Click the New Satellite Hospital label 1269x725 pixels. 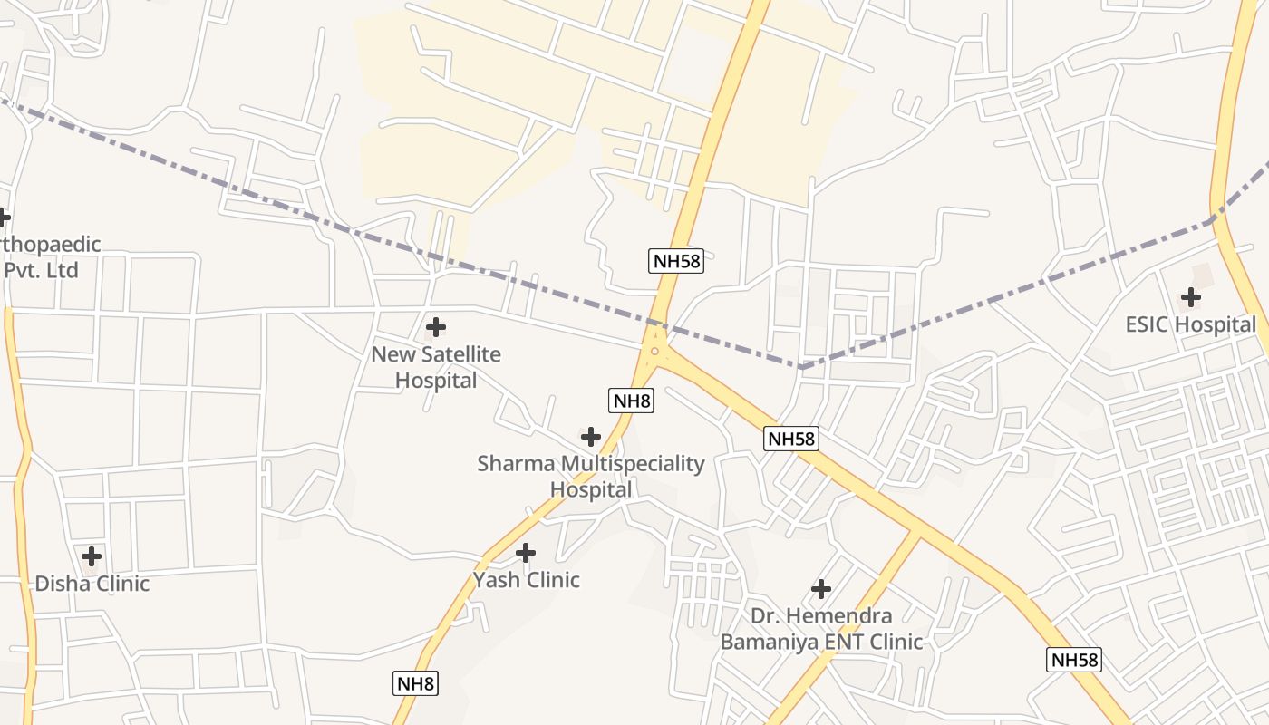tap(436, 367)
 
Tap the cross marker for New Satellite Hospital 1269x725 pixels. tap(436, 327)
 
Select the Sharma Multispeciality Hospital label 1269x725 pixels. tap(591, 476)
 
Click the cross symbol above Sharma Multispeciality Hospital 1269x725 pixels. tap(591, 437)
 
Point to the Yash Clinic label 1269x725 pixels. tap(526, 580)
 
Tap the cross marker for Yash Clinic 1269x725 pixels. tap(526, 553)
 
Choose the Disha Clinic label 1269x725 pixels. tap(92, 583)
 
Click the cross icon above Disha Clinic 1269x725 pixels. tap(92, 556)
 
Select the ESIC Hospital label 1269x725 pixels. tap(1190, 324)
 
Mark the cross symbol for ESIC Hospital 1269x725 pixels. tap(1190, 297)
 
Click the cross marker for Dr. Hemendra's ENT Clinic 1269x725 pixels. tap(821, 589)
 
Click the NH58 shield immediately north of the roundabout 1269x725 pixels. tap(676, 261)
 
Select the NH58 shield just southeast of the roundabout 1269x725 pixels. tap(791, 439)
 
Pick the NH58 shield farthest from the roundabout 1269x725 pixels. tap(1074, 660)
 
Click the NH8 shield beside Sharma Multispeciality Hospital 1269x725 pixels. tap(631, 400)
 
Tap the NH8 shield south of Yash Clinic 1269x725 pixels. tap(416, 683)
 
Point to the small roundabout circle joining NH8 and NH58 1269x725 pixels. tap(654, 352)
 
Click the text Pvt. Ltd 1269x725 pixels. tap(42, 270)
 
